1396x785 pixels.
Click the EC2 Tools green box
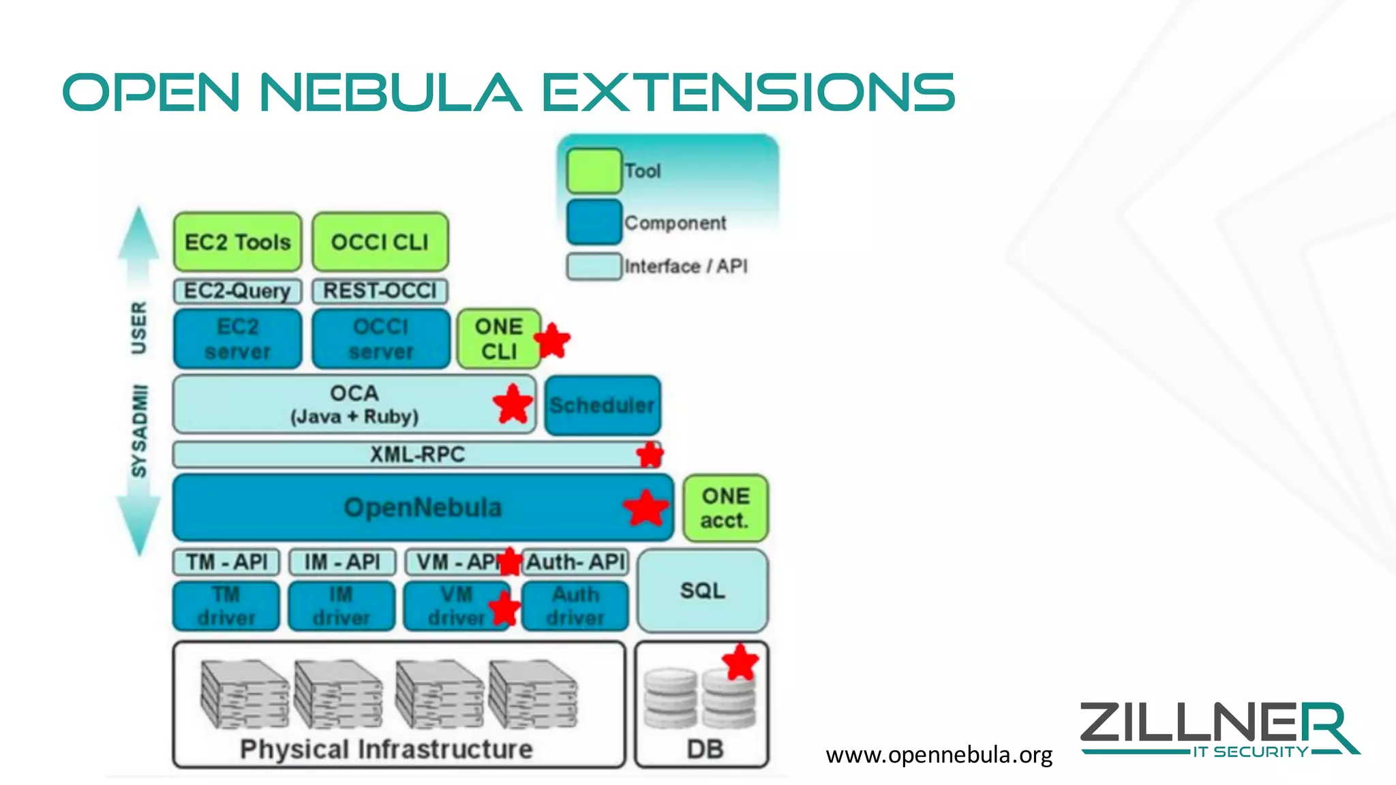click(x=237, y=242)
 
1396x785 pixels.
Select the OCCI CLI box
click(x=380, y=242)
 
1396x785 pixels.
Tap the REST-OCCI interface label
click(x=380, y=291)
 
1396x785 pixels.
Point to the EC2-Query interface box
click(x=237, y=291)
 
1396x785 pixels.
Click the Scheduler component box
click(x=603, y=405)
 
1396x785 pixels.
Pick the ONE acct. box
click(x=725, y=508)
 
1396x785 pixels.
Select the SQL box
click(x=702, y=591)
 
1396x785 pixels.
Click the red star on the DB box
click(x=740, y=662)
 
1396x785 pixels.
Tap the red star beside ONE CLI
click(x=552, y=341)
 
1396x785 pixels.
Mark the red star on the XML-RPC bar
click(x=650, y=455)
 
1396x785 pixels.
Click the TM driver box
click(x=226, y=606)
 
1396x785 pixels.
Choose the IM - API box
click(x=342, y=562)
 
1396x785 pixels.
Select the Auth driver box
click(x=575, y=606)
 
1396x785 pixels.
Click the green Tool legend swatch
click(x=594, y=171)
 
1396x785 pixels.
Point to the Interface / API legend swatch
click(x=594, y=266)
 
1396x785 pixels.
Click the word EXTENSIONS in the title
click(x=748, y=93)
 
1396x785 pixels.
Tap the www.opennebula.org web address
click(x=939, y=755)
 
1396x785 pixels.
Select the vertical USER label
click(x=138, y=328)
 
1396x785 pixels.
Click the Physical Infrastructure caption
click(x=386, y=750)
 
